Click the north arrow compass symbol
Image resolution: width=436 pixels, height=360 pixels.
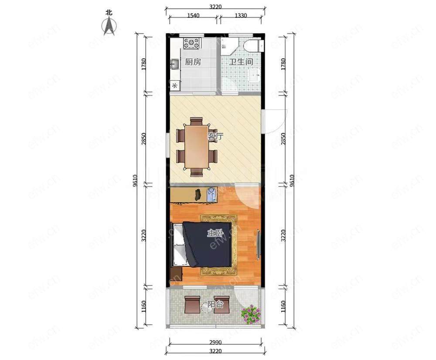109,26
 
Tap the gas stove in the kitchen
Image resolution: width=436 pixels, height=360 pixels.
191,43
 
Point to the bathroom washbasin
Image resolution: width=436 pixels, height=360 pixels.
255,75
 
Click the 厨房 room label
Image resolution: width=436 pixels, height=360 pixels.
193,62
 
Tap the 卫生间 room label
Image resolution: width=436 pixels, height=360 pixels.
241,62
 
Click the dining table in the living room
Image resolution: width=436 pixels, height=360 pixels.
197,147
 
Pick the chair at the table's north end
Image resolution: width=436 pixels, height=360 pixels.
196,122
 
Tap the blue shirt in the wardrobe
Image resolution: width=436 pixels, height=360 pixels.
211,194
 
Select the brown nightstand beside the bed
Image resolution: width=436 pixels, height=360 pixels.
176,274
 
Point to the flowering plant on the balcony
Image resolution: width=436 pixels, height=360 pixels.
251,314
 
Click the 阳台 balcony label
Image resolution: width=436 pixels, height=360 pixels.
215,304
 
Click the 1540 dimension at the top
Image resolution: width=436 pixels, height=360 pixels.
193,16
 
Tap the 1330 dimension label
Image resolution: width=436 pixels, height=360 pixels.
241,16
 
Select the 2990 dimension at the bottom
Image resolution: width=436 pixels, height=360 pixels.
215,342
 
